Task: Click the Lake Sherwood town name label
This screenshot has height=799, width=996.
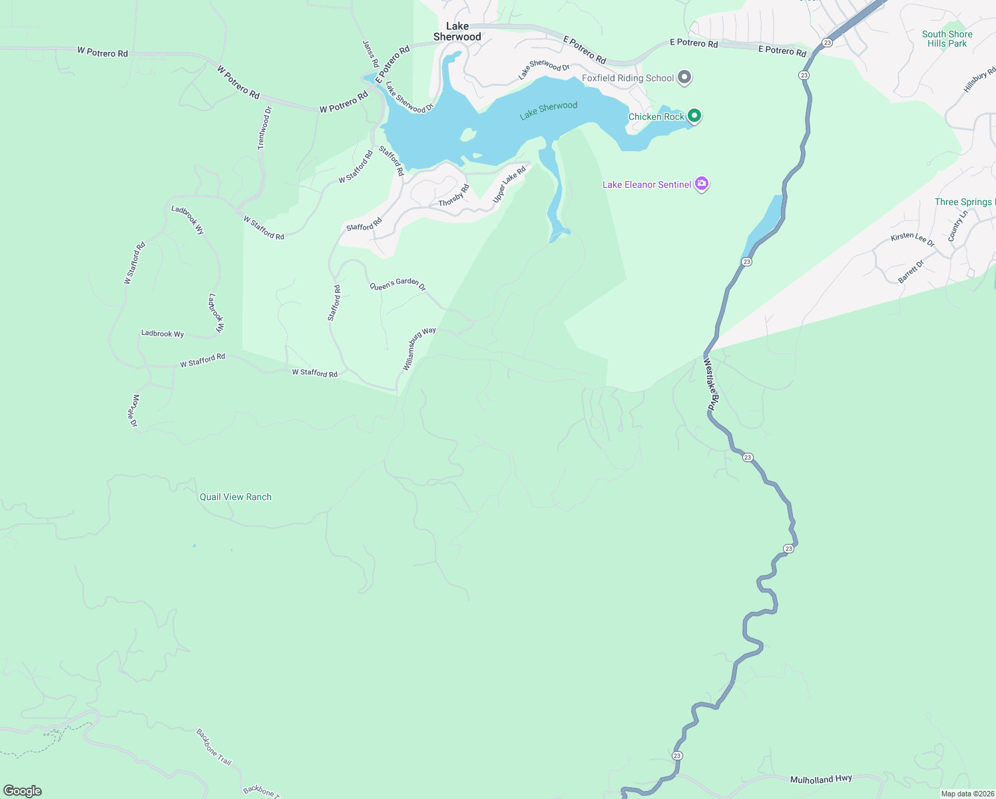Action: click(457, 31)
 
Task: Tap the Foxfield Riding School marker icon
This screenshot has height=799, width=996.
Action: click(684, 78)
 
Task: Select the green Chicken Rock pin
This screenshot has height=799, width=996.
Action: click(694, 116)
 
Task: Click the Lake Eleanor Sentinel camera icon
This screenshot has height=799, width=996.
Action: click(701, 184)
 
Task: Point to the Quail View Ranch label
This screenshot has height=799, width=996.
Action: click(236, 497)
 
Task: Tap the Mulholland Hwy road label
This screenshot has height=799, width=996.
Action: click(821, 779)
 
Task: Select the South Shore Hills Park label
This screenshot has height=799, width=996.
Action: click(947, 39)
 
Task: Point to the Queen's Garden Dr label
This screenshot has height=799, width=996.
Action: click(397, 284)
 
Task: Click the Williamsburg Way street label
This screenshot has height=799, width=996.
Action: click(419, 348)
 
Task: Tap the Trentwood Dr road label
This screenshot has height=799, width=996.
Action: click(265, 128)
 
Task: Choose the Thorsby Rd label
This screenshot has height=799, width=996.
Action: click(454, 195)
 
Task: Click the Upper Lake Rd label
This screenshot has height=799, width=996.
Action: click(509, 184)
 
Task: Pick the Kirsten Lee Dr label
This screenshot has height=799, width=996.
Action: click(913, 240)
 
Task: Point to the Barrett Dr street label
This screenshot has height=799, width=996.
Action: click(911, 272)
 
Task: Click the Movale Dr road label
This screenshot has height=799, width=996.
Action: click(135, 410)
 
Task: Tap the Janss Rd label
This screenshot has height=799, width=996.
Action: click(370, 53)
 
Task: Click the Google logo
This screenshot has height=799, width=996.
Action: click(23, 790)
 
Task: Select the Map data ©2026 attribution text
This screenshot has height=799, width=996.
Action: click(967, 794)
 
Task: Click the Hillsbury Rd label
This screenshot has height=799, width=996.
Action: click(979, 80)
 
